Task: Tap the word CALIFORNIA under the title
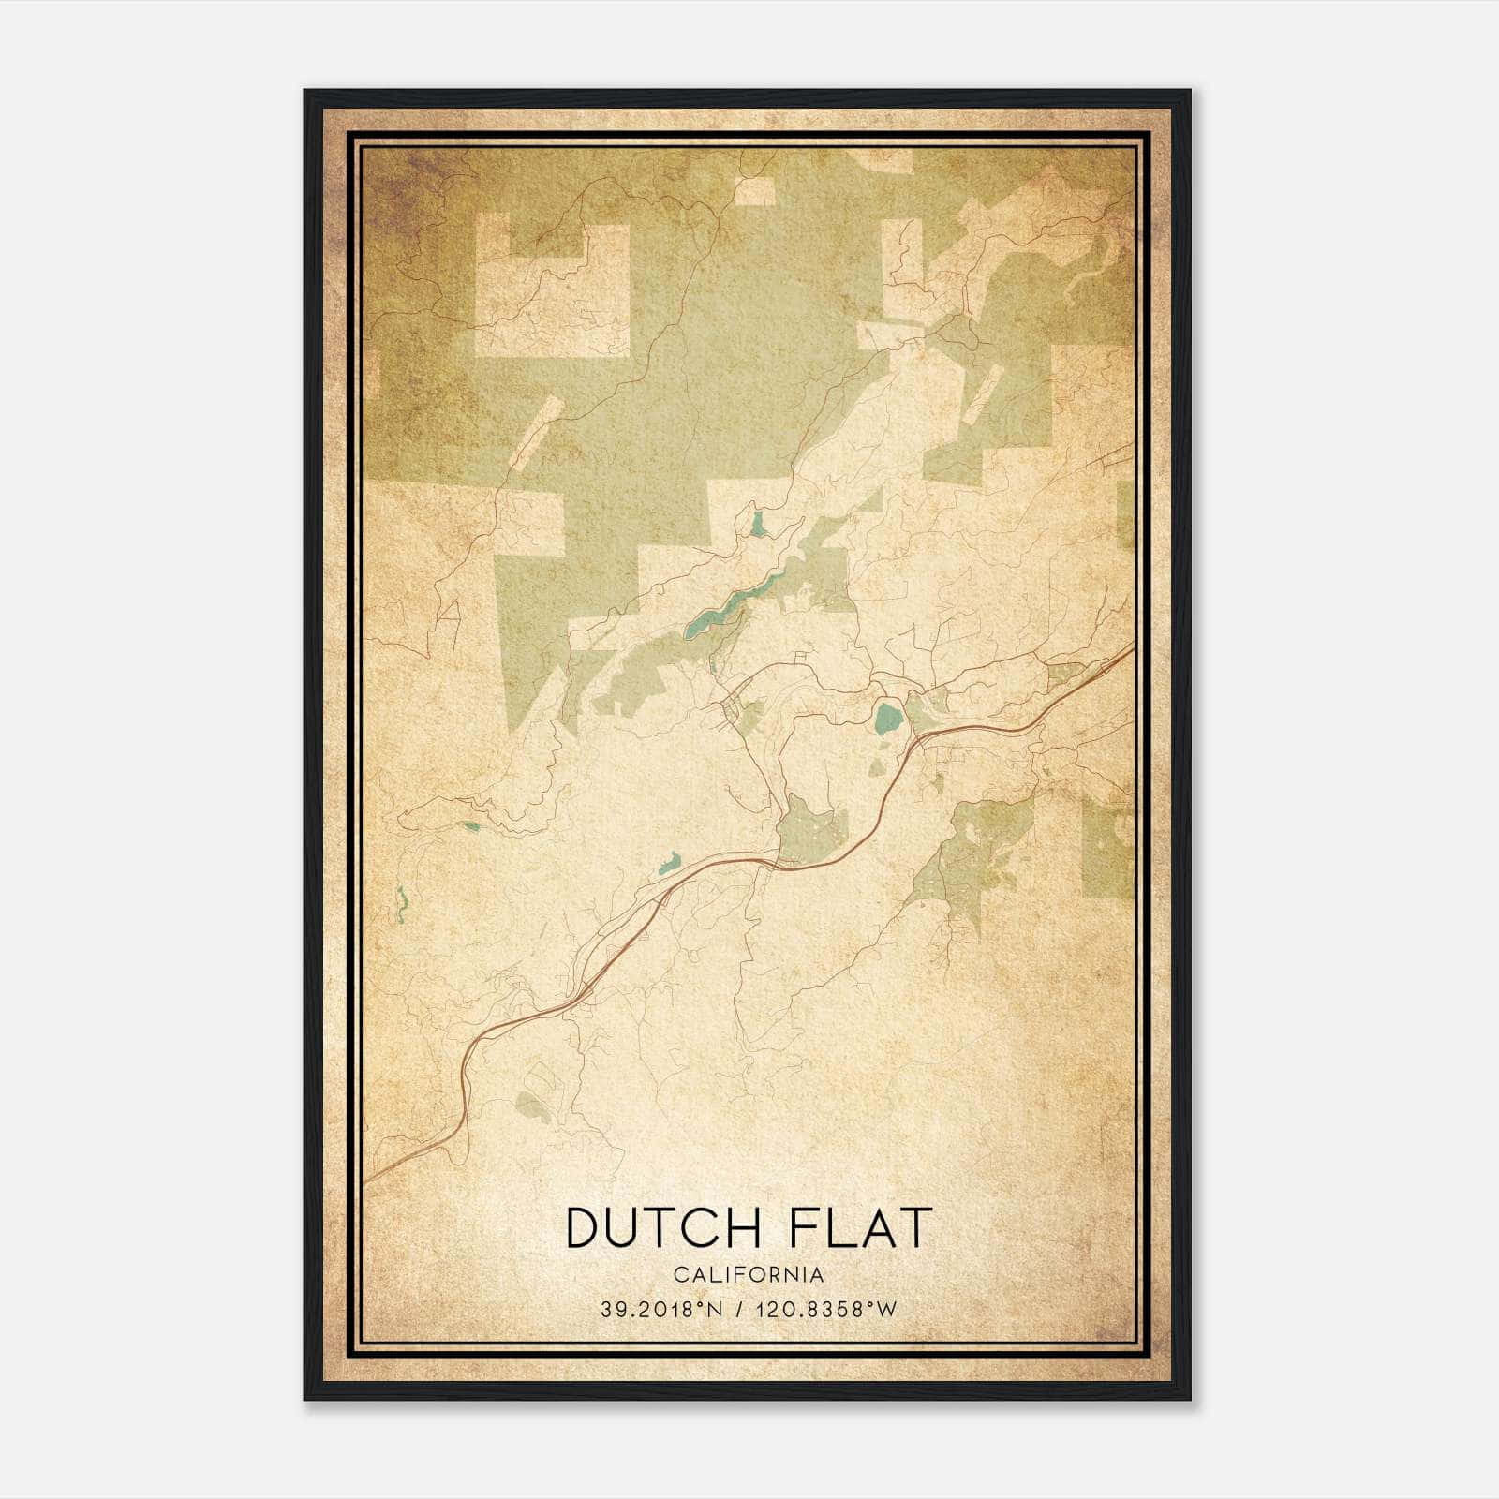[749, 1275]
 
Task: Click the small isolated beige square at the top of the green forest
[755, 190]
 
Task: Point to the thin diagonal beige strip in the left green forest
[537, 432]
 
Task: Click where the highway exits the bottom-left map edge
[367, 1179]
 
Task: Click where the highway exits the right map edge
[1132, 646]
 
